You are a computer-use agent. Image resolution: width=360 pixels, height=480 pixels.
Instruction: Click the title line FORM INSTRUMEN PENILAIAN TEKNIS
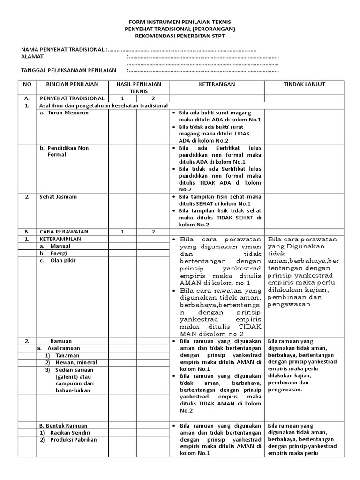coord(180,22)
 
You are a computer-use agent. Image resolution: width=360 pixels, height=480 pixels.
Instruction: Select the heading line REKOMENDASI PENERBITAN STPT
coord(180,36)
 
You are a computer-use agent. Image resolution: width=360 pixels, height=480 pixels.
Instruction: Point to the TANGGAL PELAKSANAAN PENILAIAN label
coord(68,70)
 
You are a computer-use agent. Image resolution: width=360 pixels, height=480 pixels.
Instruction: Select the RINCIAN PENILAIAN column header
coord(72,84)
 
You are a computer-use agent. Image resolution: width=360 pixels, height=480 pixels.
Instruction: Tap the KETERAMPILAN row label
coord(60,239)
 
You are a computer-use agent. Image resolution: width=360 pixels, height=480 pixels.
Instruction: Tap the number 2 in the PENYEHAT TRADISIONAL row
coord(153,98)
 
